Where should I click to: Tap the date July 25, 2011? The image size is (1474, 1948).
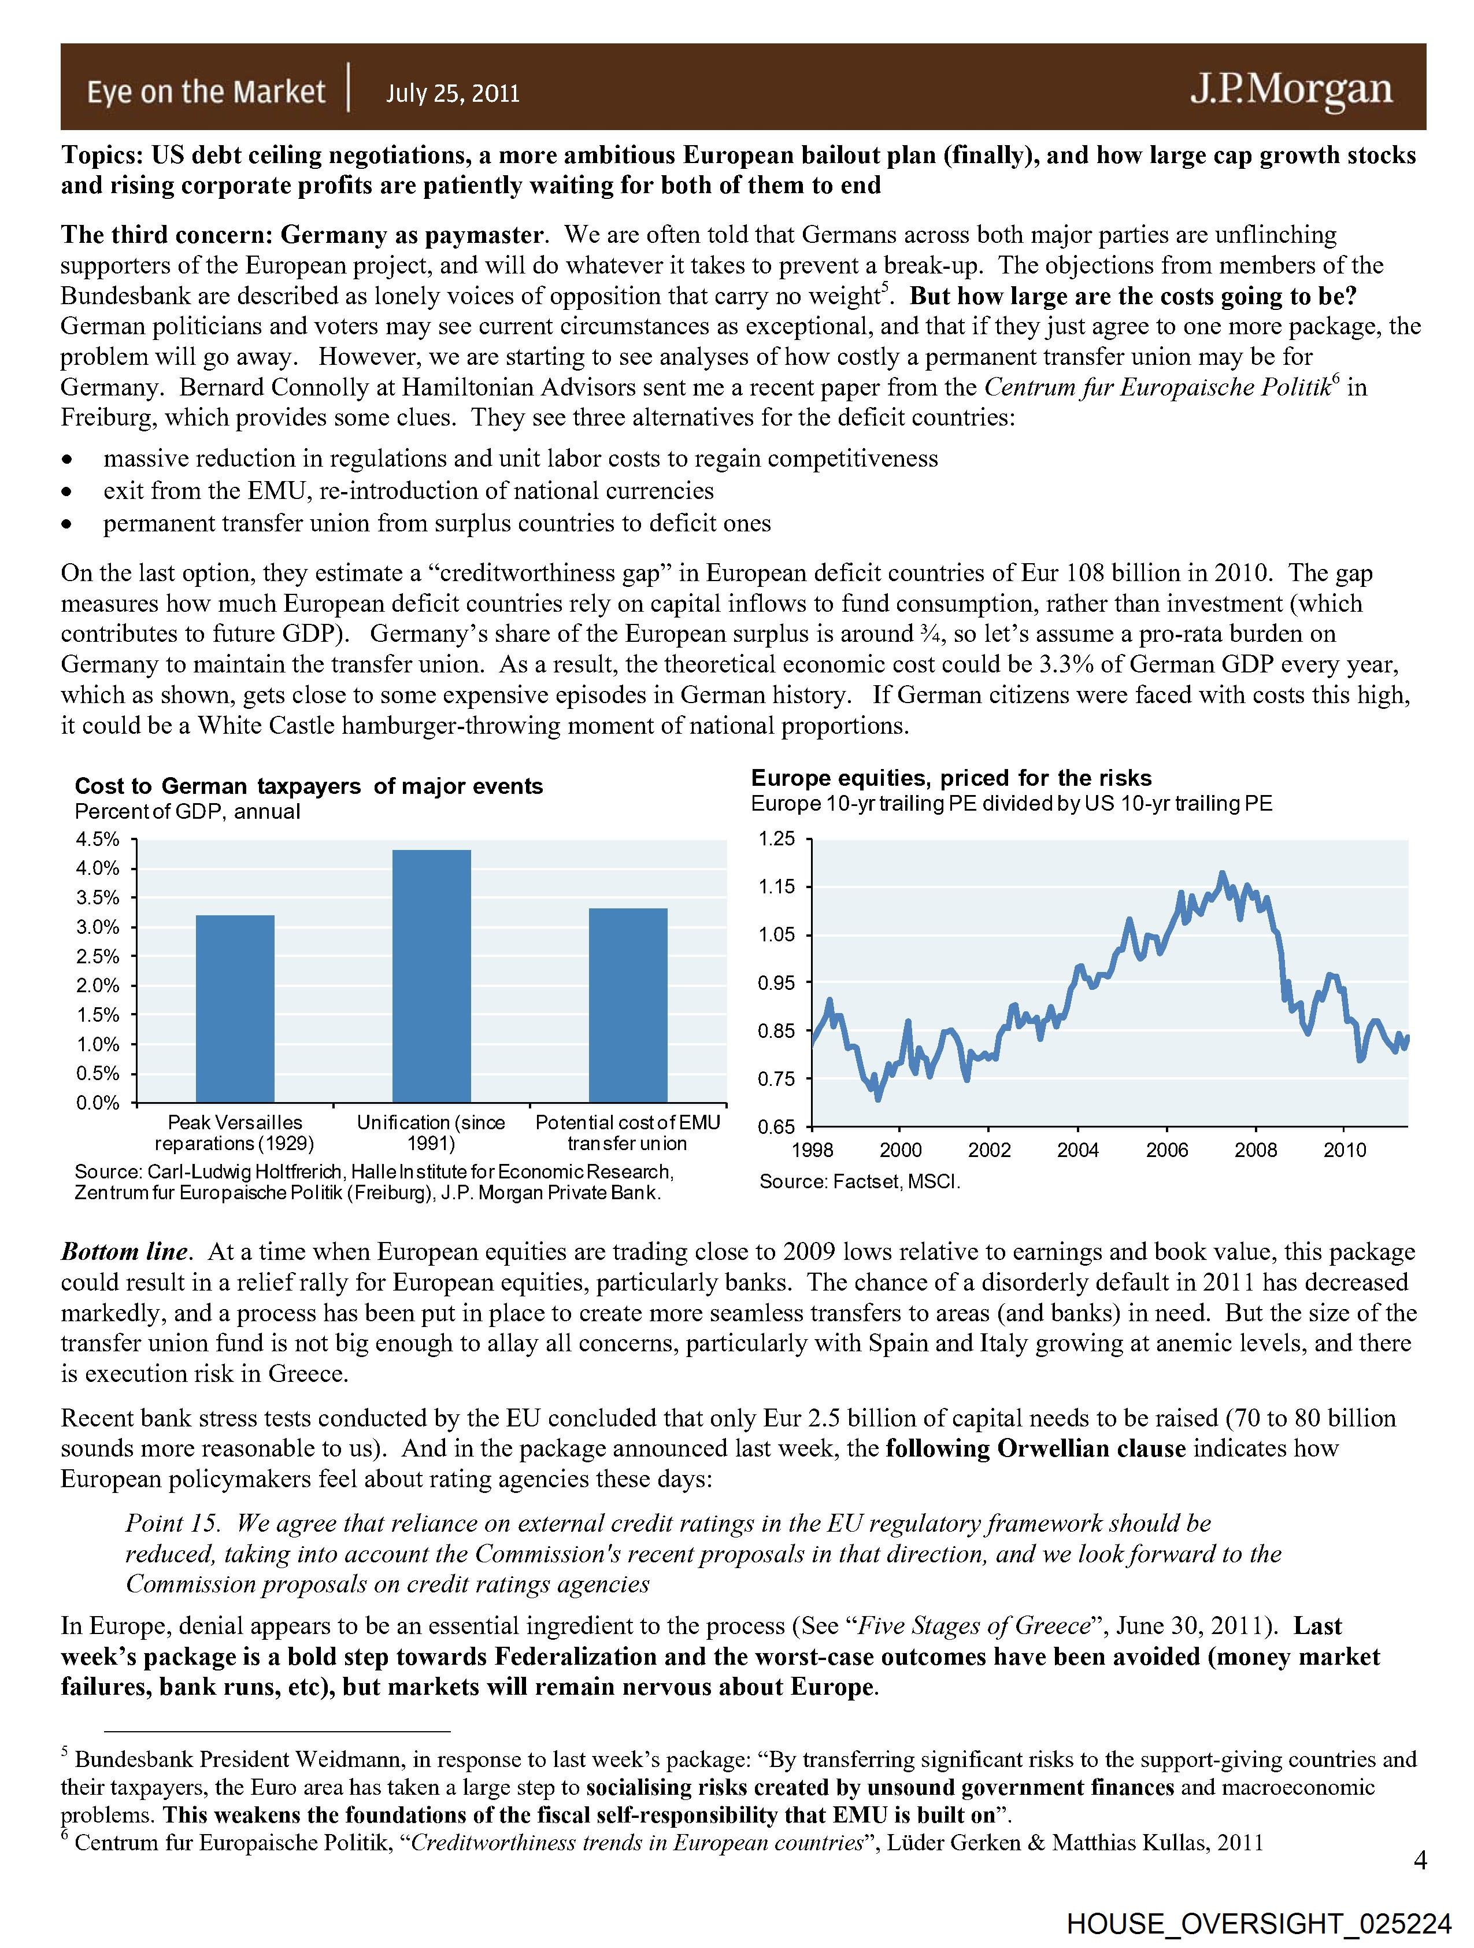453,93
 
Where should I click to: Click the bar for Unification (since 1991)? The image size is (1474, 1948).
431,976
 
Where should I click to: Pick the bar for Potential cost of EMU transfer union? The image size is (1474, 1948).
628,1005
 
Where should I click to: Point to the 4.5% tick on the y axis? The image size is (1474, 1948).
97,839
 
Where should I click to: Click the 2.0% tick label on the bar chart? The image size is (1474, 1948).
97,985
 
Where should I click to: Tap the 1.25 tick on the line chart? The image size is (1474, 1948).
777,839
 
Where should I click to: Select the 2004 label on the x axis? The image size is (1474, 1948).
1078,1150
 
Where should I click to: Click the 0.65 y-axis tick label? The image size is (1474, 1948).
777,1128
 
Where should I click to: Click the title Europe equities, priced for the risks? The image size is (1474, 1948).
951,778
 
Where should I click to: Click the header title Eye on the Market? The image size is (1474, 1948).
205,91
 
